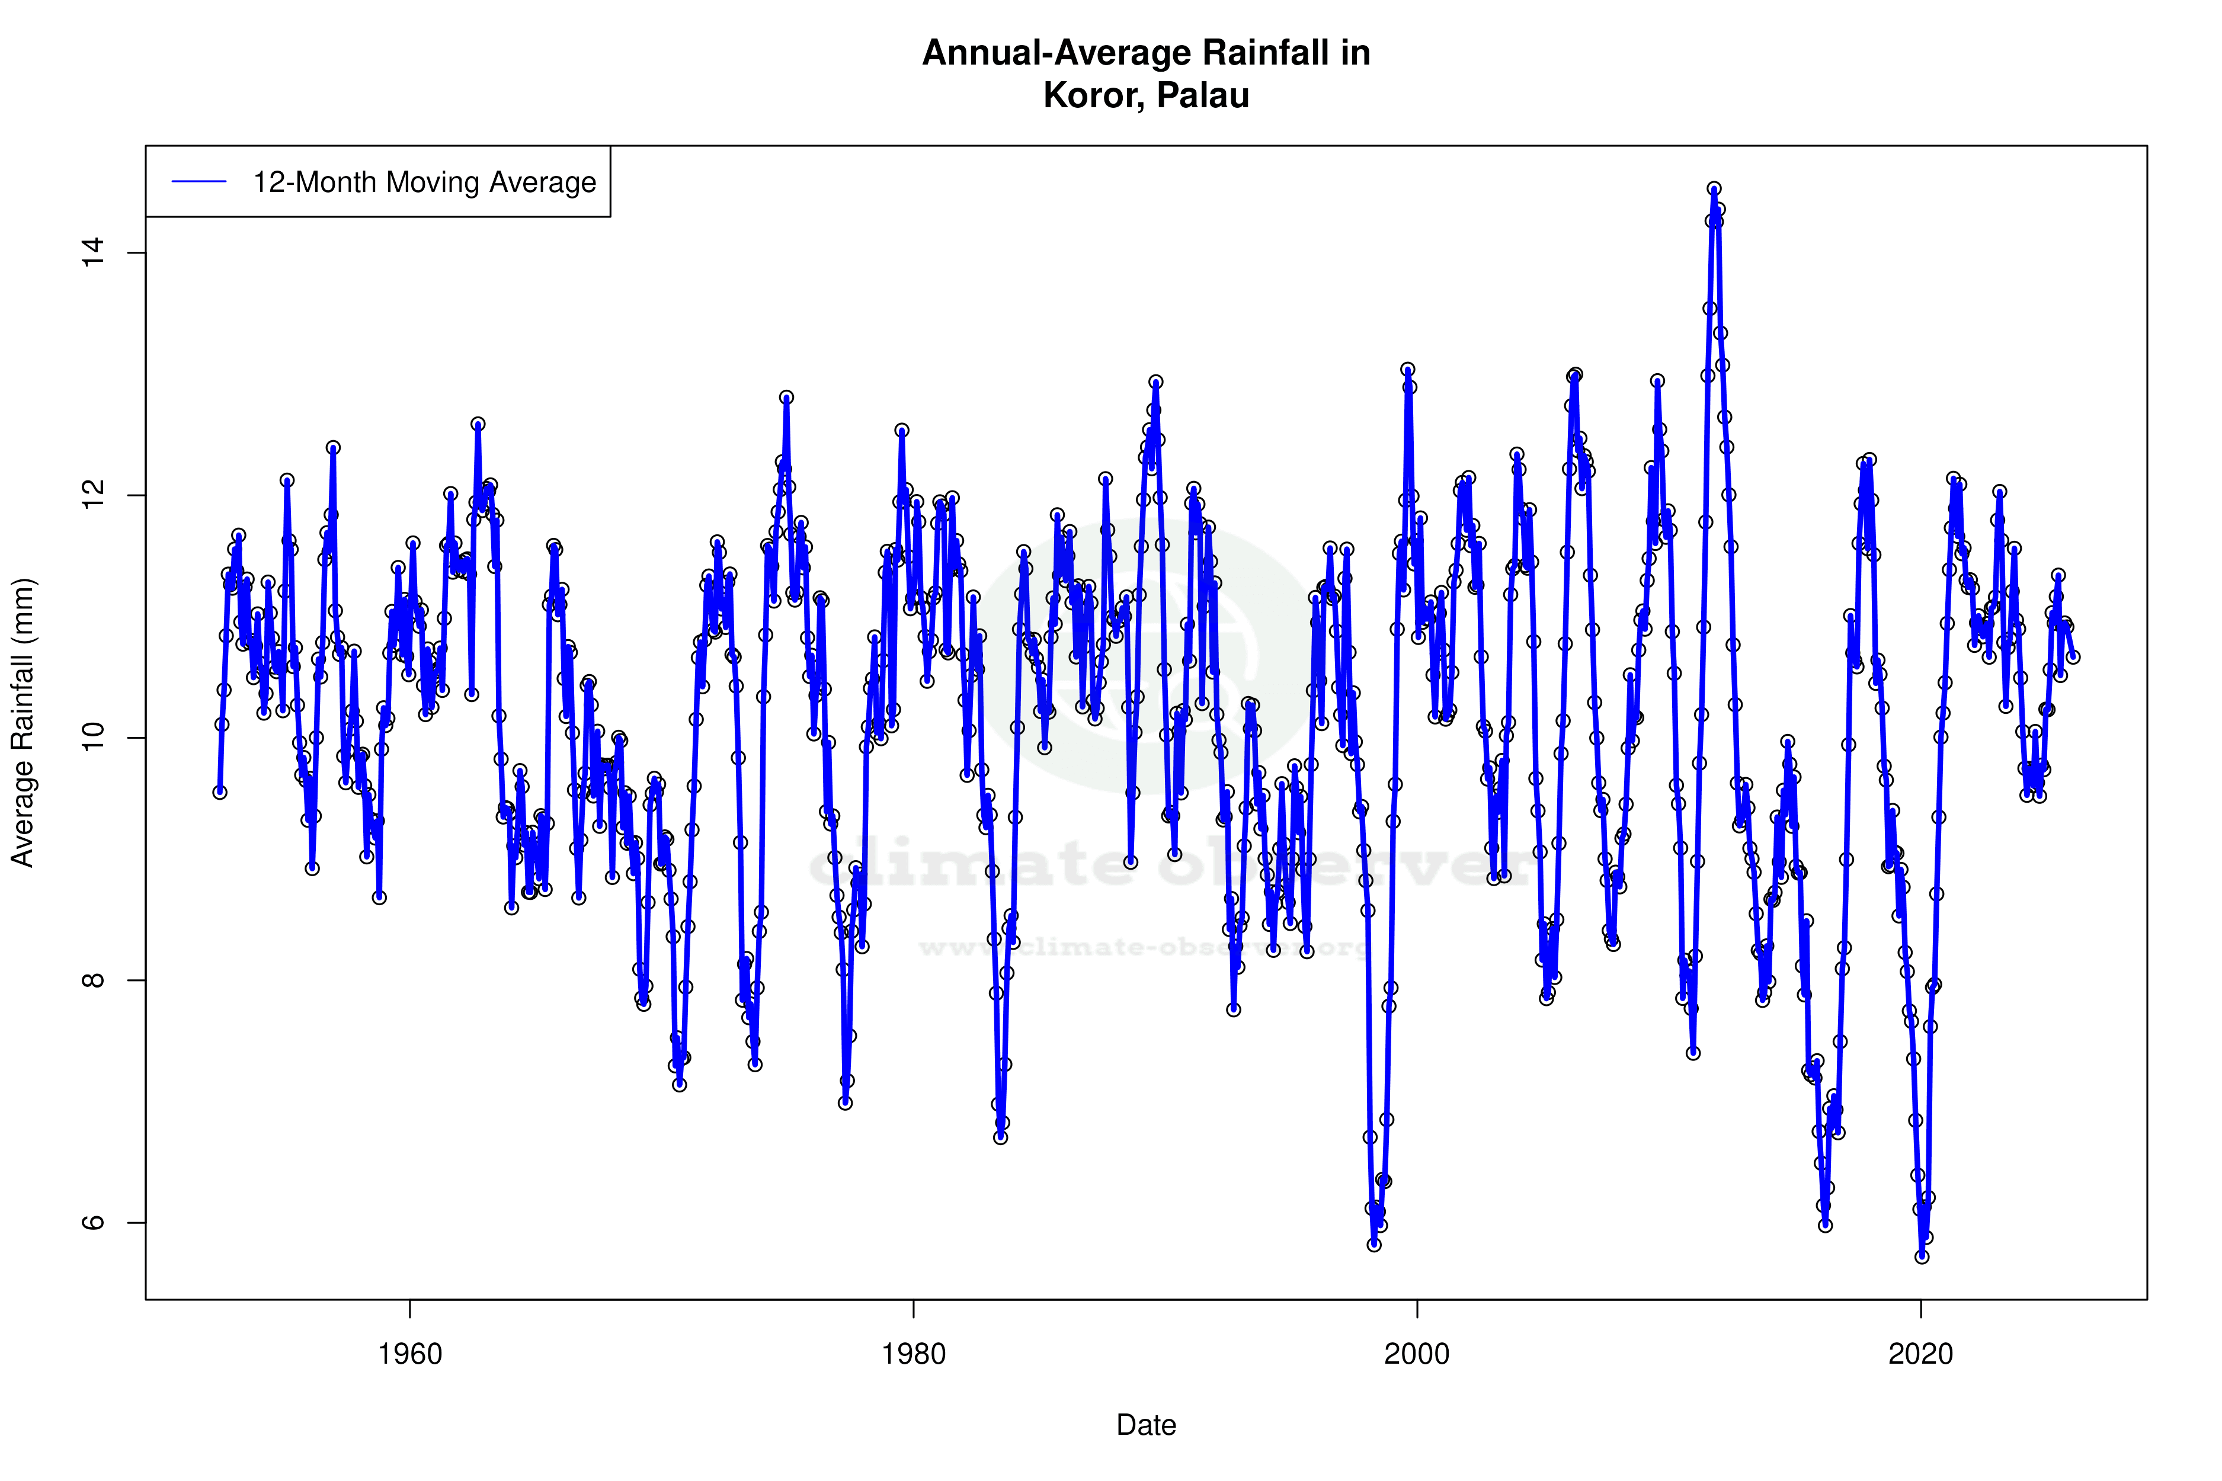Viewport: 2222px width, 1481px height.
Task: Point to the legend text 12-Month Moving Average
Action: pos(424,182)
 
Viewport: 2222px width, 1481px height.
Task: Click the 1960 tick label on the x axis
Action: pos(410,1354)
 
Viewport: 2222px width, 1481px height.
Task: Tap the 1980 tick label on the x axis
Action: pos(914,1354)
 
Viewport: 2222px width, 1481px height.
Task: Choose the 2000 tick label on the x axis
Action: pos(1417,1354)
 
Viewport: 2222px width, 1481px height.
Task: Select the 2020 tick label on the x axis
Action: pos(1920,1354)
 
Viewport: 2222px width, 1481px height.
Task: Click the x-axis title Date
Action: pos(1146,1425)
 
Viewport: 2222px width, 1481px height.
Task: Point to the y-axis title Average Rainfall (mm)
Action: pos(23,723)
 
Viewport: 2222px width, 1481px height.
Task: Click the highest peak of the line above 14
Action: pos(1714,189)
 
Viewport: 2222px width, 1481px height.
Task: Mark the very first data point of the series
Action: pos(219,791)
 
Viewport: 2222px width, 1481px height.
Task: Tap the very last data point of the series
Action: pos(2073,656)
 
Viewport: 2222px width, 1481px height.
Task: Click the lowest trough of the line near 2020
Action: pos(1922,1257)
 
